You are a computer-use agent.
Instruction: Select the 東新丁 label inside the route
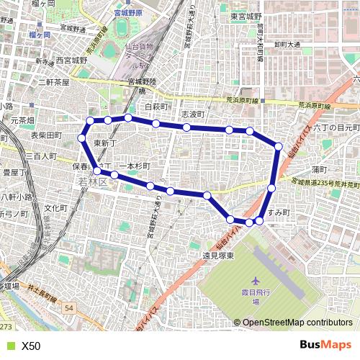[x=105, y=143]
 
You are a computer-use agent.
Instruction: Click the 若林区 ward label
[x=92, y=183]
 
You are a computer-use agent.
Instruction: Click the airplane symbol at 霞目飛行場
[x=255, y=280]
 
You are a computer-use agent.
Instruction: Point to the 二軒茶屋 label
[x=53, y=83]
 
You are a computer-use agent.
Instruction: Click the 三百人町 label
[x=40, y=156]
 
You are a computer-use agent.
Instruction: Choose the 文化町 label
[x=55, y=208]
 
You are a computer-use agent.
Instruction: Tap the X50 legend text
[x=31, y=346]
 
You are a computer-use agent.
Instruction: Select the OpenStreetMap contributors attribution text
[x=297, y=323]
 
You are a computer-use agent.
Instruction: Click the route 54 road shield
[x=68, y=307]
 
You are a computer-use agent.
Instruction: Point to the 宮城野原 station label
[x=145, y=13]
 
